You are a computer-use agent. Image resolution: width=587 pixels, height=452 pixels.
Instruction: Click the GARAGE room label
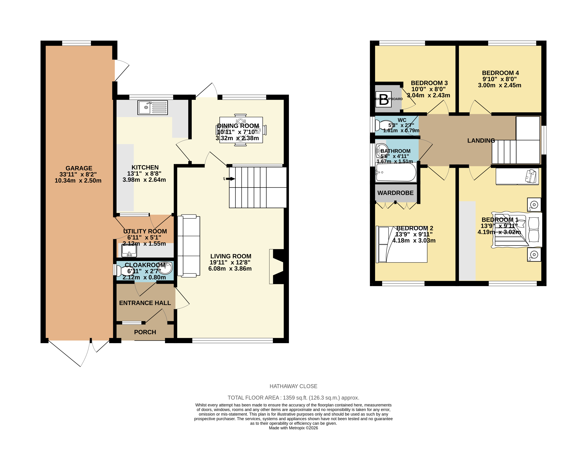[79, 168]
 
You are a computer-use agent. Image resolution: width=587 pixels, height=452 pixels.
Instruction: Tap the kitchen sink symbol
[152, 107]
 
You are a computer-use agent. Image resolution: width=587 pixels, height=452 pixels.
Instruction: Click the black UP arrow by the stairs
[230, 179]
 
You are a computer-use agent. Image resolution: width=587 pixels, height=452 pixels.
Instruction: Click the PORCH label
[145, 332]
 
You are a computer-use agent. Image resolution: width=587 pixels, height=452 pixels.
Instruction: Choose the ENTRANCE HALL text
[145, 303]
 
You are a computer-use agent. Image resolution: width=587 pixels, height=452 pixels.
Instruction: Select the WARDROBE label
[395, 193]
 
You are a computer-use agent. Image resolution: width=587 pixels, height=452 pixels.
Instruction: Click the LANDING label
[481, 141]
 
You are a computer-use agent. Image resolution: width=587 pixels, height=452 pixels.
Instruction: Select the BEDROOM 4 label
[500, 73]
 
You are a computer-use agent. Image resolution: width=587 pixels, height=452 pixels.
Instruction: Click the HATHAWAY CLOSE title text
[293, 386]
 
